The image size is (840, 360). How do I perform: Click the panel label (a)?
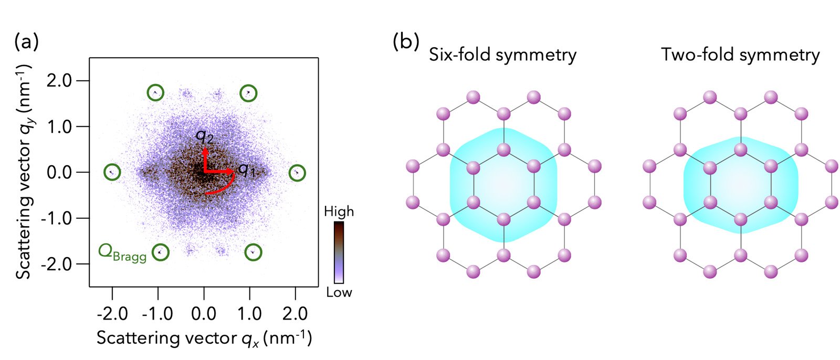pos(26,41)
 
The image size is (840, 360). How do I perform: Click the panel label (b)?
pos(406,41)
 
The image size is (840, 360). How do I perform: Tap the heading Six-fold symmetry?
pos(502,55)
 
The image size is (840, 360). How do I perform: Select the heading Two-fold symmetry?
pos(740,55)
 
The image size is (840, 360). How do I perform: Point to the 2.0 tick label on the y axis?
pos(59,81)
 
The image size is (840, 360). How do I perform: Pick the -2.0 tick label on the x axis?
pos(112,313)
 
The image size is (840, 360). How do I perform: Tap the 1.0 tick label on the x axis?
pos(250,313)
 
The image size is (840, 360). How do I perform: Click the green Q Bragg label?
pos(122,253)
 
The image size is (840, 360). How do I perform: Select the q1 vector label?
pos(247,171)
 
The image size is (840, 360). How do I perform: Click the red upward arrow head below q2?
pos(205,152)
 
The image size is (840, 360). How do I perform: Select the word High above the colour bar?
pos(339,211)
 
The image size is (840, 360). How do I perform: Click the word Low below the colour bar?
pos(339,292)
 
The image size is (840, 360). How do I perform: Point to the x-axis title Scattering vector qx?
pos(204,338)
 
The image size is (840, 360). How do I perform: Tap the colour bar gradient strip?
pos(339,252)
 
